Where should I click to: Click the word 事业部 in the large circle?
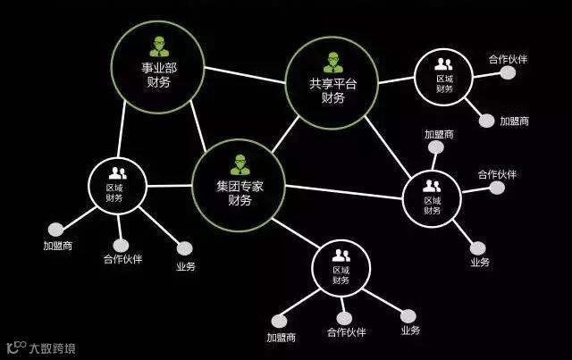click(x=157, y=67)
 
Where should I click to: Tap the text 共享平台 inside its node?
click(x=332, y=83)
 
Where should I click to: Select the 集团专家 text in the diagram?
click(x=239, y=186)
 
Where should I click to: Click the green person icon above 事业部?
click(x=158, y=46)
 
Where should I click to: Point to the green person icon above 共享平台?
click(x=332, y=62)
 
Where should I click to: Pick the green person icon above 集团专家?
click(x=240, y=164)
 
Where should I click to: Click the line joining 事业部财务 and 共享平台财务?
click(x=245, y=75)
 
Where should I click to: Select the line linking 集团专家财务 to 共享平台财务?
click(x=285, y=135)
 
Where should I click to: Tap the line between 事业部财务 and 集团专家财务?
click(x=198, y=124)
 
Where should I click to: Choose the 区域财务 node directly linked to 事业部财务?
click(x=116, y=186)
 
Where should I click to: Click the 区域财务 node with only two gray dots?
click(x=443, y=77)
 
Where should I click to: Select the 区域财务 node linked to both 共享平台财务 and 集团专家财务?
click(x=432, y=198)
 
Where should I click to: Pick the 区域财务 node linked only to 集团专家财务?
click(x=341, y=268)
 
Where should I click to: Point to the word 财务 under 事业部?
click(x=157, y=82)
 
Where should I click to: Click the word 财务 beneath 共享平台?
click(x=332, y=98)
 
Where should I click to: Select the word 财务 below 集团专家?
click(x=240, y=201)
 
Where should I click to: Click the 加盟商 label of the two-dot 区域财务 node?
click(x=514, y=121)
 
